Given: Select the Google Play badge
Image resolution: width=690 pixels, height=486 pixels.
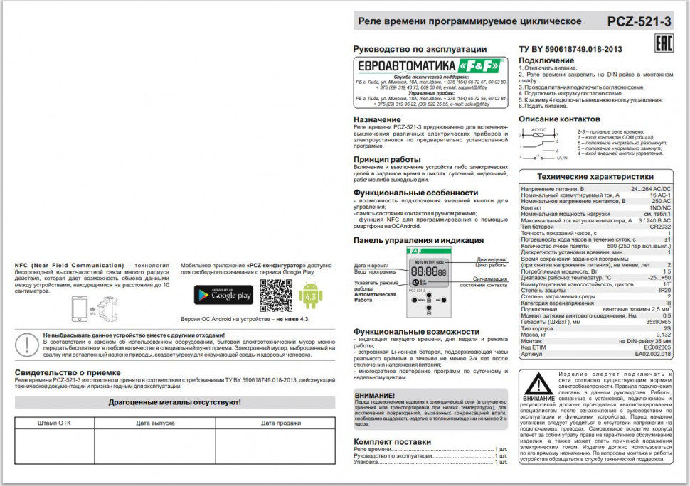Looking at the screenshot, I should pos(223,295).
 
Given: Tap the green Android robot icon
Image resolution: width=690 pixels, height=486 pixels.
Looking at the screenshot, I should pos(310,296).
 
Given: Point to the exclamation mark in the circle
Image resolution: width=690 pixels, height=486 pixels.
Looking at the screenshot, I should pos(27,344).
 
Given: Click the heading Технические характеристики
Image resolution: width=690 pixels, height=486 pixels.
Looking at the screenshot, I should pos(595,177).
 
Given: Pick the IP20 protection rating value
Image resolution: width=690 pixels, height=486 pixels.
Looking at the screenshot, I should pos(664,291).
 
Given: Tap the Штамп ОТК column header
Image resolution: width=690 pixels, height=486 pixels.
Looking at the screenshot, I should pos(54,423).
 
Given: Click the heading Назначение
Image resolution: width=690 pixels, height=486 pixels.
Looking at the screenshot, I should pos(377,119).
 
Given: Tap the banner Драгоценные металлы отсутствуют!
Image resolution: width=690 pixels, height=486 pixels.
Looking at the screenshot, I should pos(174,402).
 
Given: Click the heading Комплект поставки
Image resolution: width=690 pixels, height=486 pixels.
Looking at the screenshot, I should pos(392,441).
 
